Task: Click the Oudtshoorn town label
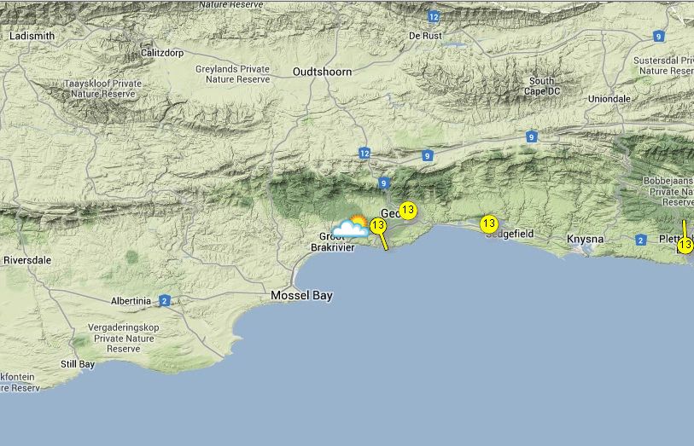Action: point(322,72)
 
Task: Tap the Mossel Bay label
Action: point(301,295)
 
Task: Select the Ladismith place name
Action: point(32,37)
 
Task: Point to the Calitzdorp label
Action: point(162,52)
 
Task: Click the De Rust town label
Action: point(426,36)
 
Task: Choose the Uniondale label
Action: point(609,99)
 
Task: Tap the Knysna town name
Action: point(585,240)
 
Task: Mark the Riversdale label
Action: point(28,259)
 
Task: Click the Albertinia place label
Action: point(131,301)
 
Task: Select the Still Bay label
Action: point(78,364)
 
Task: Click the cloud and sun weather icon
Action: point(350,226)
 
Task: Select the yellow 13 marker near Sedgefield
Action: point(488,224)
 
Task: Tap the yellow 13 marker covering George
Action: point(408,211)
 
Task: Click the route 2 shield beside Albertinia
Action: point(164,300)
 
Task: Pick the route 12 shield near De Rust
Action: point(434,17)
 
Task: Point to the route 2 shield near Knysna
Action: point(641,240)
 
